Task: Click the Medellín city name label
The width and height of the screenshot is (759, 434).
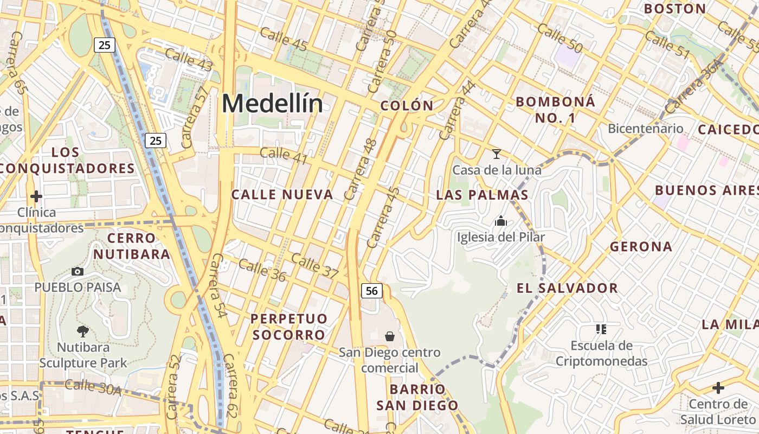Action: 272,103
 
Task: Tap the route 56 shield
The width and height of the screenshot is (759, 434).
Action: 372,291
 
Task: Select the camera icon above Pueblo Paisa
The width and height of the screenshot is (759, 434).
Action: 78,271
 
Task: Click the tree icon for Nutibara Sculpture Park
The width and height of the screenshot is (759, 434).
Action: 83,331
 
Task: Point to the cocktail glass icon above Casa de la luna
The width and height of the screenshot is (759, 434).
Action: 496,154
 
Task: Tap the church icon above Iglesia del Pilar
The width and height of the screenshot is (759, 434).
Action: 501,221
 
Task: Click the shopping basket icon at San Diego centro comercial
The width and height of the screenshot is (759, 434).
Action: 389,336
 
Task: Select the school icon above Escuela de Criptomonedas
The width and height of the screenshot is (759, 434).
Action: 601,329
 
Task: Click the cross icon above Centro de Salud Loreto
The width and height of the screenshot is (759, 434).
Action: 718,388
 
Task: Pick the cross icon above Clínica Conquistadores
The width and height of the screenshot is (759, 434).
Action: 36,196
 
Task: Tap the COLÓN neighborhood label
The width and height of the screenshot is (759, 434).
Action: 407,106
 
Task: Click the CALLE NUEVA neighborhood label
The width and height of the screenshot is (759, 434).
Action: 282,195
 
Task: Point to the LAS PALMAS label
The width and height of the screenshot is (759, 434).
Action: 482,195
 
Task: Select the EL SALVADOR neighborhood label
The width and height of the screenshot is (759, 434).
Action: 567,288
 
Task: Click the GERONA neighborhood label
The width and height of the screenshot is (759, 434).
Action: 641,247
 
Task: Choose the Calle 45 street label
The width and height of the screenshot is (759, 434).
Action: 284,39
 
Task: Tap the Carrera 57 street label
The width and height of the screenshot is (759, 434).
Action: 194,117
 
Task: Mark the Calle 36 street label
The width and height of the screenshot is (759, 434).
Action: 262,270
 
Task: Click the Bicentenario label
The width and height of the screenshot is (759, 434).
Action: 646,129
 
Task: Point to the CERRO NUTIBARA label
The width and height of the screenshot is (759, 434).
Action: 131,246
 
